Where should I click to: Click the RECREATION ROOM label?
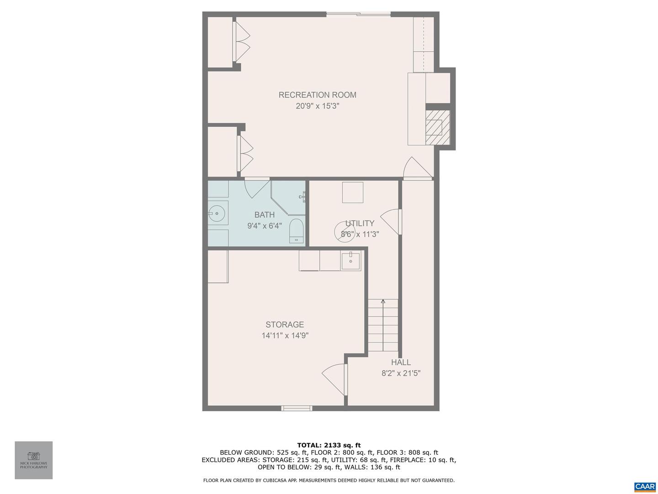317,95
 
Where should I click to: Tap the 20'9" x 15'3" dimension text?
317,106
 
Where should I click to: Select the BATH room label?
265,215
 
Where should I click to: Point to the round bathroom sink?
217,213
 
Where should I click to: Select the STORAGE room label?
285,325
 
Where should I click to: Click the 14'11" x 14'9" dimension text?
285,336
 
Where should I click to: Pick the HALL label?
401,362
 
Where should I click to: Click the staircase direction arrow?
383,302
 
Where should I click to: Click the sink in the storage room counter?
350,260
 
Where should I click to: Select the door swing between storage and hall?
334,378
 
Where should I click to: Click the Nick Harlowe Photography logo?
34,460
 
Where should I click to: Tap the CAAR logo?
644,487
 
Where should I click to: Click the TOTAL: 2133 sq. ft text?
329,445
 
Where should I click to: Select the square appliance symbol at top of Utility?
353,192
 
